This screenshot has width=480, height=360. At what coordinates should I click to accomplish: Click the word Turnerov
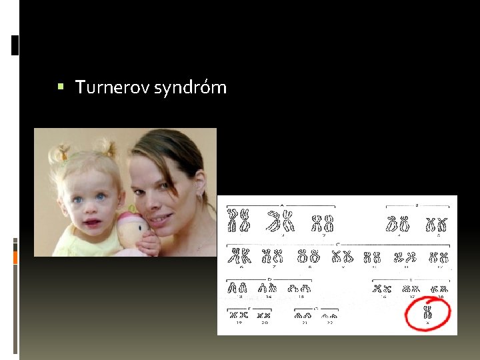pyautogui.click(x=113, y=87)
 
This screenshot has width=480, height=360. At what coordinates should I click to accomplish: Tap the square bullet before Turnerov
pyautogui.click(x=61, y=87)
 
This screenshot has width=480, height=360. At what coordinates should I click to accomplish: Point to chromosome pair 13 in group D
pyautogui.click(x=237, y=287)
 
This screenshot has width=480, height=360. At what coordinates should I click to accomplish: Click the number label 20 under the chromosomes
pyautogui.click(x=265, y=323)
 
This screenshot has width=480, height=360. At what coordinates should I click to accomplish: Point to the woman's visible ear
pyautogui.click(x=198, y=193)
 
